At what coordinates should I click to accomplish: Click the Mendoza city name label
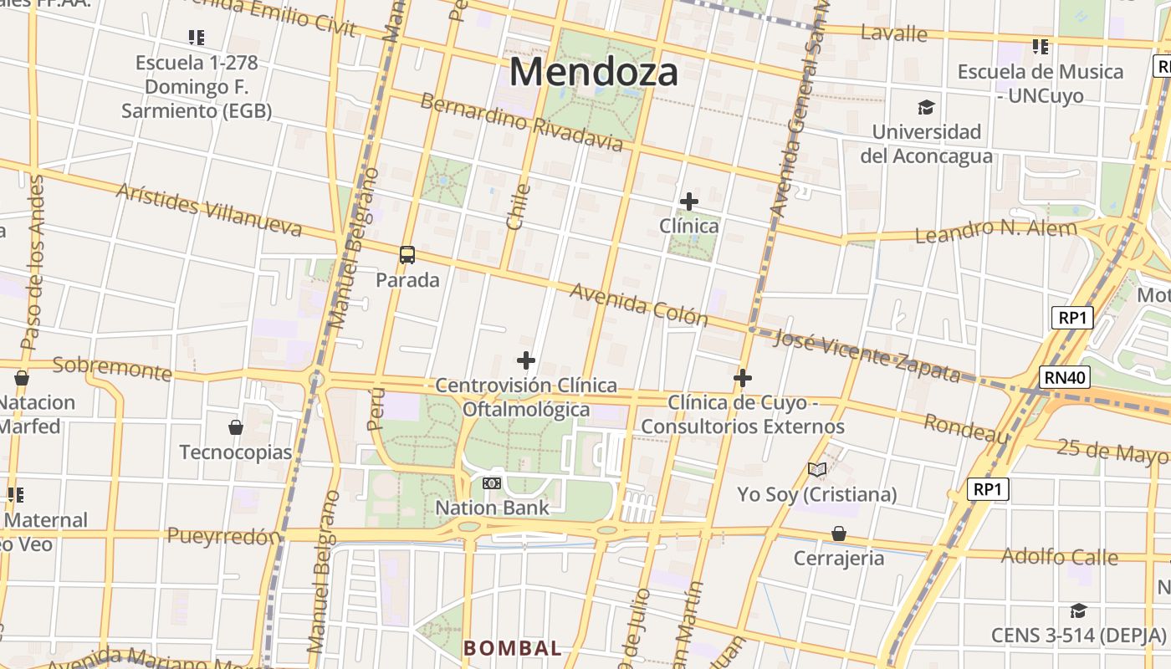point(593,71)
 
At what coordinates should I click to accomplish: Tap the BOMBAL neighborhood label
point(513,648)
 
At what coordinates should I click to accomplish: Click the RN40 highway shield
point(1066,377)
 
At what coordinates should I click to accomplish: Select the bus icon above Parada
point(407,255)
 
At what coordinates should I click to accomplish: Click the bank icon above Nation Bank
point(492,483)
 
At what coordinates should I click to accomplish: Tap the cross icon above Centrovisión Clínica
point(526,360)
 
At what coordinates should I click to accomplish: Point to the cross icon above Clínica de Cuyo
point(742,378)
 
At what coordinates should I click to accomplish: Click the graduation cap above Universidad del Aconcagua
point(926,107)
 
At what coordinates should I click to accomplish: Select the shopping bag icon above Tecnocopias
point(236,427)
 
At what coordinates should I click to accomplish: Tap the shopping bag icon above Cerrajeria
point(838,534)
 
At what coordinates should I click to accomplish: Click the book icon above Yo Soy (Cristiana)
point(817,470)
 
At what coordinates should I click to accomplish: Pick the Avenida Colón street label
point(639,304)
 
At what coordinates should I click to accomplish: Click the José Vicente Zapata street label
point(867,355)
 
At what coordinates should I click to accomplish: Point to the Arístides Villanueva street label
point(208,210)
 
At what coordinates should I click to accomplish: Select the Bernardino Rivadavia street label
point(521,123)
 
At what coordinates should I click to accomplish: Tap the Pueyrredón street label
point(223,536)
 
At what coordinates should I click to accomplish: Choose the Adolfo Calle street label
point(1059,556)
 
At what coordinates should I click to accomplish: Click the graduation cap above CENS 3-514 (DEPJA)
point(1078,611)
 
